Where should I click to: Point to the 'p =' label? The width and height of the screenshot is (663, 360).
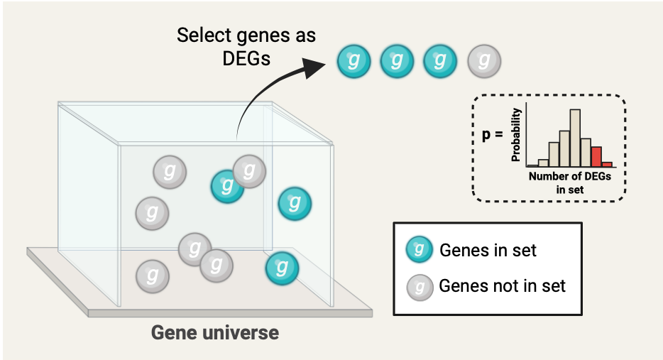492,134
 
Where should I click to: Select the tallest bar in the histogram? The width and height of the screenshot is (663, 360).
575,137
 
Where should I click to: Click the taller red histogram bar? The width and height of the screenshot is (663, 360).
596,156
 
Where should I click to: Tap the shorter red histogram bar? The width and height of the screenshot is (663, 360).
607,164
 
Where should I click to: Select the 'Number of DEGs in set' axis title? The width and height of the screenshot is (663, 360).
569,182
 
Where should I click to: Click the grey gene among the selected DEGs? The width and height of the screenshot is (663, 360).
483,61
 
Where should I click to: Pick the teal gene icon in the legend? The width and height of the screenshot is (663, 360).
420,249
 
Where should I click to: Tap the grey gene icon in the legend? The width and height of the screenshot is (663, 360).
420,286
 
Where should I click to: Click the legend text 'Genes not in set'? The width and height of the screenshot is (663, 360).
503,286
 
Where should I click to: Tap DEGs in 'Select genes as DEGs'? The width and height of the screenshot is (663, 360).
246,58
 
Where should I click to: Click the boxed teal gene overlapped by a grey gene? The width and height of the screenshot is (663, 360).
226,186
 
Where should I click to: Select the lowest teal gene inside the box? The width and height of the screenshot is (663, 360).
282,268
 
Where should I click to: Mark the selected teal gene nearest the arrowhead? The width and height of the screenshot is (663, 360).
354,61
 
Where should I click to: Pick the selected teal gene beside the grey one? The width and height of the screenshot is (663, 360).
440,61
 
